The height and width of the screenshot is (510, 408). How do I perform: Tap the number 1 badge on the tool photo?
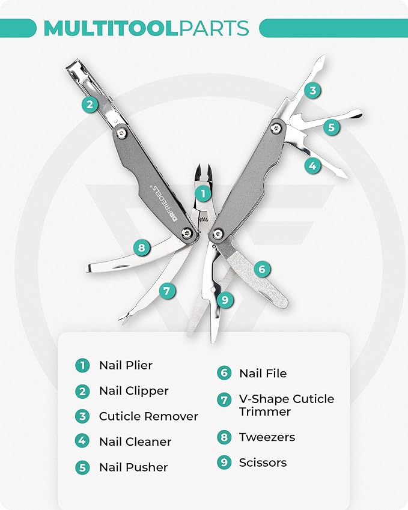click(x=203, y=193)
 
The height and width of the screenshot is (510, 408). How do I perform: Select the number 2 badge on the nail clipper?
click(x=90, y=105)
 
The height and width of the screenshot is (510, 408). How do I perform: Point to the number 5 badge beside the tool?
click(x=330, y=127)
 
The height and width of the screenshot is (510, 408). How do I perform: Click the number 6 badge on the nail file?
click(x=261, y=269)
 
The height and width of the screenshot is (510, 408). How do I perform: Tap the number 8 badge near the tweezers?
click(x=141, y=246)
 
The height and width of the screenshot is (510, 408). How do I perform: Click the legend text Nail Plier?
click(x=126, y=365)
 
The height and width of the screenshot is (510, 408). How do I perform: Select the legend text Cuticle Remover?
click(x=148, y=416)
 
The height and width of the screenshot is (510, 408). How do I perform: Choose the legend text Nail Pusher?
click(x=133, y=467)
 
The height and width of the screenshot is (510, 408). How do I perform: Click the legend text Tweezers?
click(x=267, y=437)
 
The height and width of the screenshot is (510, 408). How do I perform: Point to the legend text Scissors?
click(x=263, y=463)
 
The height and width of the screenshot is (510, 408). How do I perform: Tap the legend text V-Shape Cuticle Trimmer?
click(x=286, y=405)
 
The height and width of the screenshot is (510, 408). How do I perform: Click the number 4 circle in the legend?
click(x=82, y=442)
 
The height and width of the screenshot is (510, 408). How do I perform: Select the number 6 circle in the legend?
click(x=224, y=373)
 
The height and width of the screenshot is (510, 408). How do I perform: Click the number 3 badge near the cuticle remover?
click(x=312, y=91)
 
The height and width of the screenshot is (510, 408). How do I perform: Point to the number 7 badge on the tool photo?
click(x=168, y=291)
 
